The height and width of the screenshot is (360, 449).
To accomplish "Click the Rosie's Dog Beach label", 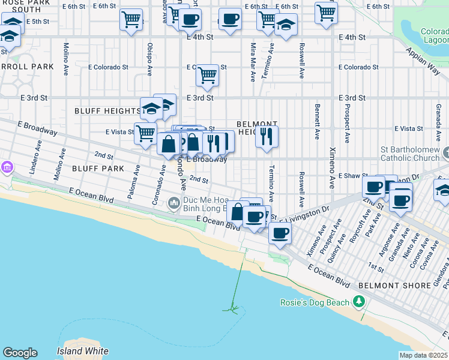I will click(x=315, y=302).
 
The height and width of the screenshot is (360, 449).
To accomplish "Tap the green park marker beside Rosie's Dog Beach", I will click(x=360, y=301).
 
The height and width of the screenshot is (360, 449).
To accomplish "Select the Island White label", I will click(x=83, y=351).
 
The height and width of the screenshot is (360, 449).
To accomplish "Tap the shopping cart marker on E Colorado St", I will click(x=207, y=76).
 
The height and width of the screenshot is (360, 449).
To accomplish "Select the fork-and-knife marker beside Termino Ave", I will click(x=267, y=136).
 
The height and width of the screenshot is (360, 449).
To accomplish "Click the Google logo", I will click(x=20, y=353).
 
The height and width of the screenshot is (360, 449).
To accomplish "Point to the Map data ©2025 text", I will click(x=423, y=355).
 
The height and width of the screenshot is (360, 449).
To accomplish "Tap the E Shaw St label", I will click(x=351, y=176).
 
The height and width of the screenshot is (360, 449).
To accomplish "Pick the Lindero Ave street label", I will click(x=38, y=154).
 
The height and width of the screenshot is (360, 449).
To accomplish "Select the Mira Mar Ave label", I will click(x=252, y=61).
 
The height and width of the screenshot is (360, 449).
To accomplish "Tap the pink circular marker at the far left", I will click(x=7, y=166).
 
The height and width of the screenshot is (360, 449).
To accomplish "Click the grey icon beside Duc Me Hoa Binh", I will click(x=174, y=204).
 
